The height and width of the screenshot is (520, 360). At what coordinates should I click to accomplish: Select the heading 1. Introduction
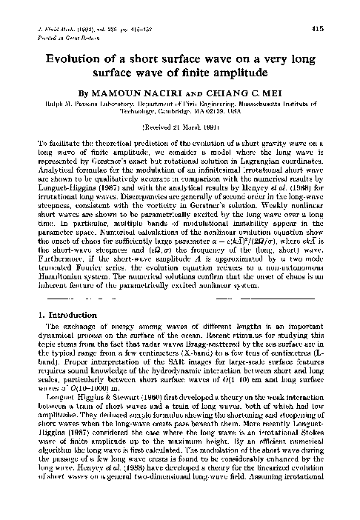click(x=64, y=335)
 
